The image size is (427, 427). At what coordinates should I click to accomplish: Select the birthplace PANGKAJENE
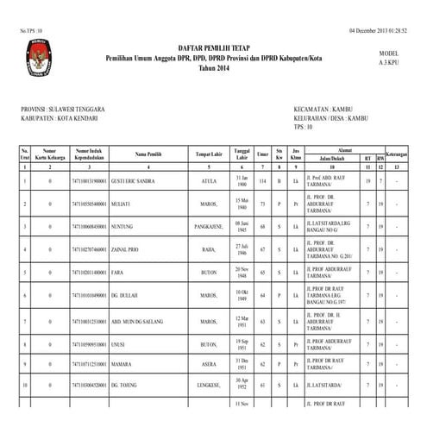212,228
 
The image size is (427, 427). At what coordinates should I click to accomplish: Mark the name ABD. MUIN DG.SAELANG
142,319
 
